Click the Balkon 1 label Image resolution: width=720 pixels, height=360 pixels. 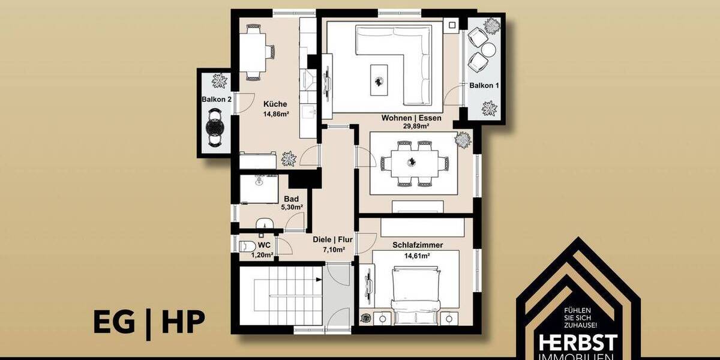pyautogui.click(x=484, y=86)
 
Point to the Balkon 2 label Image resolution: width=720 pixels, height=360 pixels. pyautogui.click(x=217, y=99)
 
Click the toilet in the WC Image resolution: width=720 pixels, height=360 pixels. pyautogui.click(x=245, y=246)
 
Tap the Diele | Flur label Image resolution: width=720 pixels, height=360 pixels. pyautogui.click(x=332, y=239)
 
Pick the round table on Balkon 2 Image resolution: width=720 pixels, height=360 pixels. pyautogui.click(x=215, y=127)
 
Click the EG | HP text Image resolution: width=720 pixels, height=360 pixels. pyautogui.click(x=149, y=322)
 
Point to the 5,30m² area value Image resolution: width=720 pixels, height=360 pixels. pyautogui.click(x=292, y=206)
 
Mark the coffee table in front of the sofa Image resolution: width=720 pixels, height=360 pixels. pyautogui.click(x=379, y=79)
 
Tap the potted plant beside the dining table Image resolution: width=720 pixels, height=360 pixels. pyautogui.click(x=463, y=139)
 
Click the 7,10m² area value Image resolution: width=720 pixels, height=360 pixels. pyautogui.click(x=332, y=250)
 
